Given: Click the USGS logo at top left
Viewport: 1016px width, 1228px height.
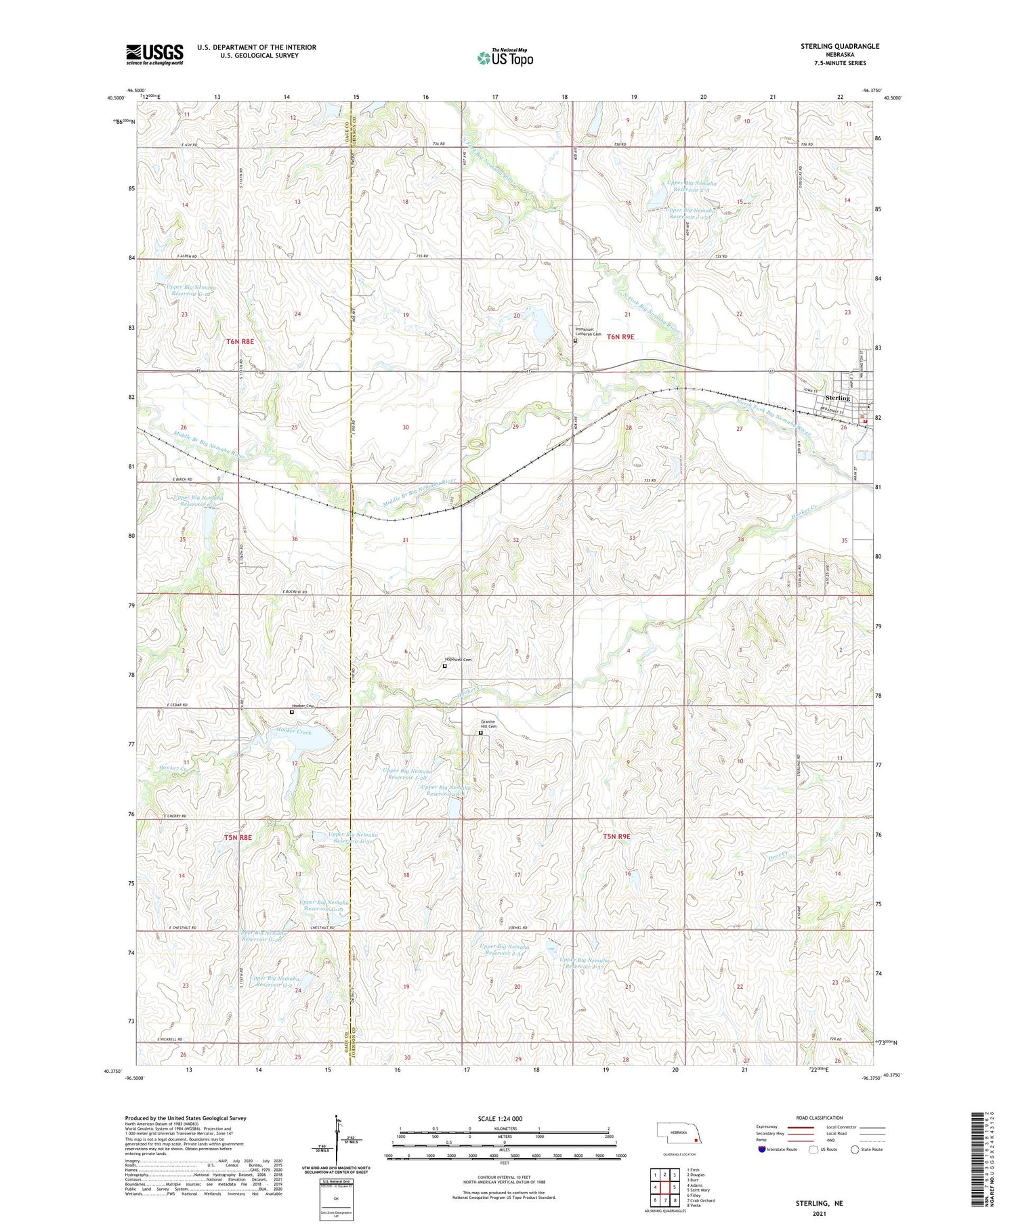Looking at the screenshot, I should [x=154, y=54].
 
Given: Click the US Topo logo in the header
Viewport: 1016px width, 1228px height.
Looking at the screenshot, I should [x=505, y=58].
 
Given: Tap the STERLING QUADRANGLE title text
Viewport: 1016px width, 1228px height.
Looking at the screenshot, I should [x=839, y=46].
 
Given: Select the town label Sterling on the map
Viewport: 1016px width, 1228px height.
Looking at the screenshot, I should [x=837, y=398].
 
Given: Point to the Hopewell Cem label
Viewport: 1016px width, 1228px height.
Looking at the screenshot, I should [x=457, y=660].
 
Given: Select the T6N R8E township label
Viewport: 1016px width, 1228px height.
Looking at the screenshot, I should [x=240, y=342].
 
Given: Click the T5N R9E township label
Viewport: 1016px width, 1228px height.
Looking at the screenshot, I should [x=616, y=837].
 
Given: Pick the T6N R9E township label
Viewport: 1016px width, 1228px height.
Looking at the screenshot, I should [x=620, y=337].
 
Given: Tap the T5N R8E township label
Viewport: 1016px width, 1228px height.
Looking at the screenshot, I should [x=238, y=838].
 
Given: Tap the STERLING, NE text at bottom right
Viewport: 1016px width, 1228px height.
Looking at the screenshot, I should [x=820, y=1203].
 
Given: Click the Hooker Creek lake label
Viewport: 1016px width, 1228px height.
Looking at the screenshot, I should [x=294, y=732].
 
